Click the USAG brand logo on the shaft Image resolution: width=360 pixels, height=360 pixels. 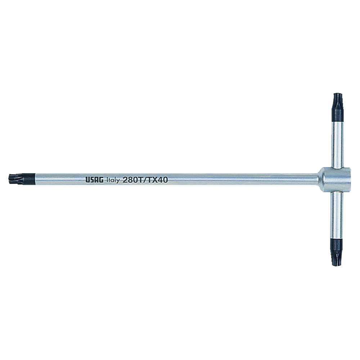(95, 180)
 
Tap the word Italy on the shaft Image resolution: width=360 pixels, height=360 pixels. (113, 180)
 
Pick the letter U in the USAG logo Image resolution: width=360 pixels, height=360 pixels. (87, 180)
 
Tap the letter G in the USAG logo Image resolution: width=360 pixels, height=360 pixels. (102, 180)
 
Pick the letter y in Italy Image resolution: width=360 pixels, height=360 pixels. (118, 180)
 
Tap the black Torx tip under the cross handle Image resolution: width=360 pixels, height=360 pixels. (337, 252)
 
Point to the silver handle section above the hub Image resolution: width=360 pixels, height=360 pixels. (337, 144)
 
